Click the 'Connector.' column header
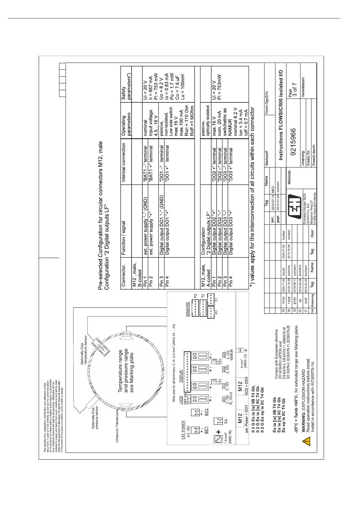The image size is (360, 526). click(124, 278)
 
